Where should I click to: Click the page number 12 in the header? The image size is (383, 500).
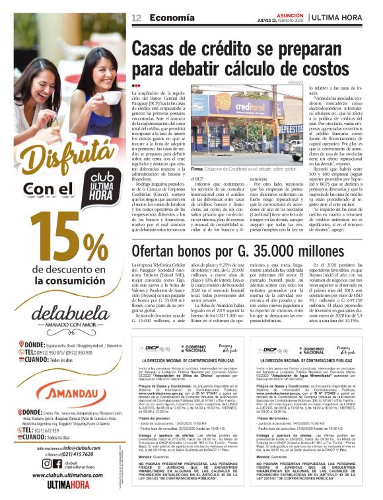tap(137, 17)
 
